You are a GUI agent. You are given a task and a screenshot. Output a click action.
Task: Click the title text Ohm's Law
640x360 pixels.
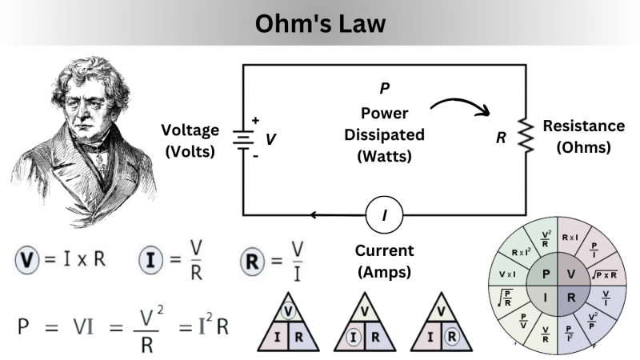click(320, 24)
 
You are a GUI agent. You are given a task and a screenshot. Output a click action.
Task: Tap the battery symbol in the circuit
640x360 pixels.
click(242, 138)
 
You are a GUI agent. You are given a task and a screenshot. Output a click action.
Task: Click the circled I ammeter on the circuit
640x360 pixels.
click(385, 214)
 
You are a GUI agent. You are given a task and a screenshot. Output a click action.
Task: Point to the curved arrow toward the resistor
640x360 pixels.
click(460, 106)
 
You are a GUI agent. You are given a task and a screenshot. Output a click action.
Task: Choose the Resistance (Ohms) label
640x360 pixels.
click(583, 137)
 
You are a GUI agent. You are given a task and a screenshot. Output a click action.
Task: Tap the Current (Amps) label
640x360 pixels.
click(385, 261)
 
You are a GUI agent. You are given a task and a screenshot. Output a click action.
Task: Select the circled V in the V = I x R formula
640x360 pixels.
click(26, 259)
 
